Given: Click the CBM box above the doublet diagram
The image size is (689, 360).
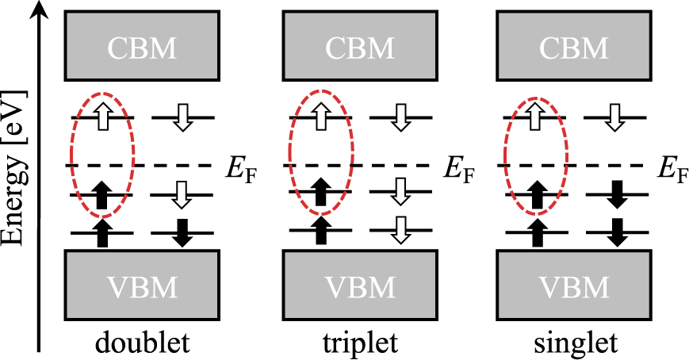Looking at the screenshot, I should tap(143, 48).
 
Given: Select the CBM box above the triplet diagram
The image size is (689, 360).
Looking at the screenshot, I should tap(359, 48).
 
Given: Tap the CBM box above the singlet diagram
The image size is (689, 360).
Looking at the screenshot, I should tap(576, 48).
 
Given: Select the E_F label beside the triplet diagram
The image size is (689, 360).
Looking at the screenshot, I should tap(461, 168).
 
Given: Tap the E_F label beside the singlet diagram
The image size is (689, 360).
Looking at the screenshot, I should tap(676, 168).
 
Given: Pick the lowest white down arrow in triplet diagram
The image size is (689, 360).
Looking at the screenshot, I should tap(399, 231).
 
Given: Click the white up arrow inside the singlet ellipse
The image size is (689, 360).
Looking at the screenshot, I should tap(536, 118).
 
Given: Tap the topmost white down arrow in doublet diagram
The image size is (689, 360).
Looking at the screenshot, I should tap(182, 118).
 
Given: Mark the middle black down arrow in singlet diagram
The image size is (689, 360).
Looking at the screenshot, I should tap(615, 194).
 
